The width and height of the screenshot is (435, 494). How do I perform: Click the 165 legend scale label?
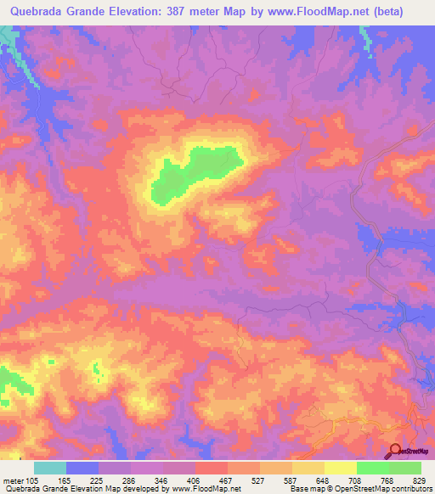[x=82, y=480]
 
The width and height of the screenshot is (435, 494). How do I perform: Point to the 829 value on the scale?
[x=421, y=480]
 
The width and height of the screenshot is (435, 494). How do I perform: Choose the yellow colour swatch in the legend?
[x=340, y=468]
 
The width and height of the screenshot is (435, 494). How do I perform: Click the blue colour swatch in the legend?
[x=82, y=468]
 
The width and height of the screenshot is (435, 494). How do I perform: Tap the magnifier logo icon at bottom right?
[x=395, y=451]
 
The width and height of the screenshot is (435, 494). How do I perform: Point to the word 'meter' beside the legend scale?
[x=14, y=480]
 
